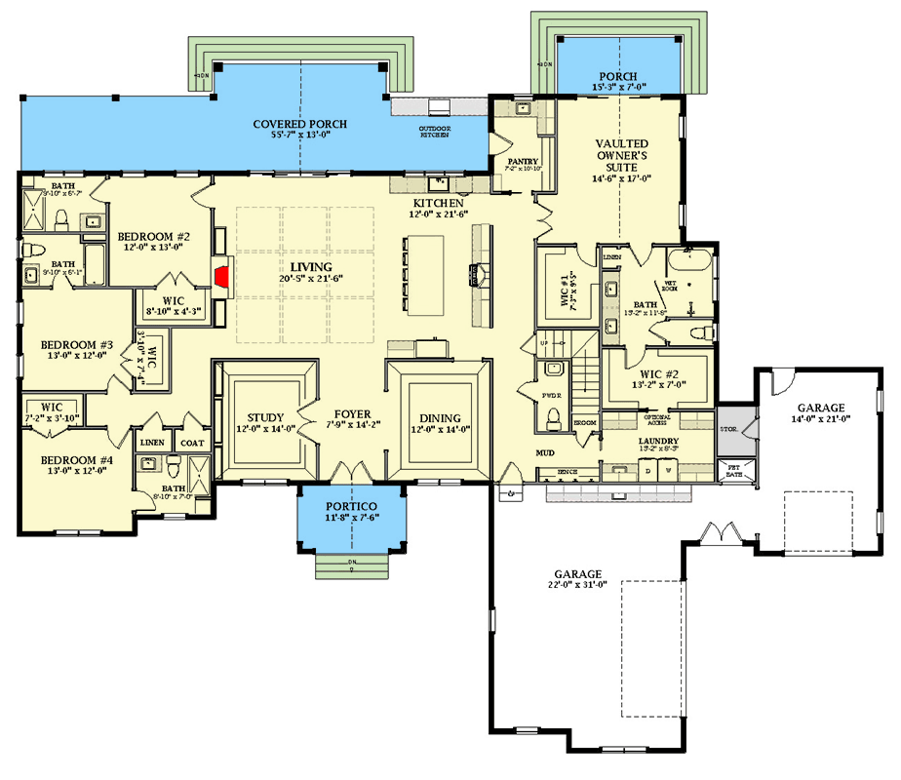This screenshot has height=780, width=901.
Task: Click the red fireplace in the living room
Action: [x=223, y=277]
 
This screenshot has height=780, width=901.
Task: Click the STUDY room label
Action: [x=264, y=417]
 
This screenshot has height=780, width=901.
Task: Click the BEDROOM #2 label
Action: [x=153, y=236]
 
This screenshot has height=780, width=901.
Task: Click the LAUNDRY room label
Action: [x=658, y=441]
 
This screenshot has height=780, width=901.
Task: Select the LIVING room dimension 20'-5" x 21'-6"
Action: [x=303, y=279]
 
